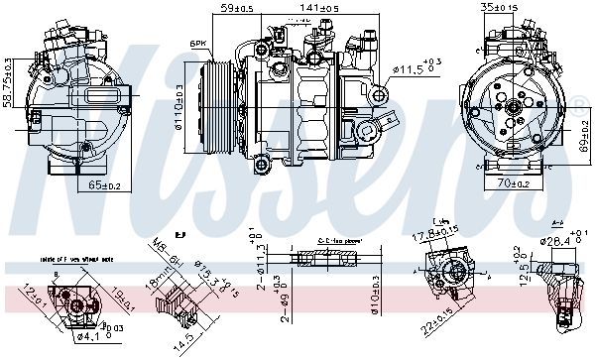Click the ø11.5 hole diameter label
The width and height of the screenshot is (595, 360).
pyautogui.click(x=416, y=68)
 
